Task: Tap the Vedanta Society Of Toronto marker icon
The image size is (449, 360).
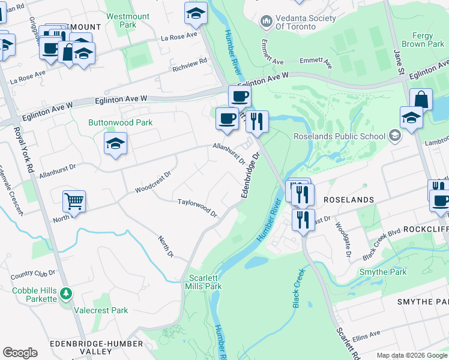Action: click(267, 22)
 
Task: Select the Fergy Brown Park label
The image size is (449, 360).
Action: click(423, 40)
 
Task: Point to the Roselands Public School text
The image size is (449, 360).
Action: click(339, 136)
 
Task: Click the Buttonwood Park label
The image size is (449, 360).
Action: click(120, 122)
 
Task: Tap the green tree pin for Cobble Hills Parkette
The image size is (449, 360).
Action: click(66, 295)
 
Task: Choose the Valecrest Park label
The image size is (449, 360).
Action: click(101, 311)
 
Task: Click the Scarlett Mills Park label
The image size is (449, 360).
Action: click(205, 282)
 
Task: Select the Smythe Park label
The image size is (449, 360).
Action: click(383, 272)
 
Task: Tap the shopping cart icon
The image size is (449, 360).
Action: click(74, 202)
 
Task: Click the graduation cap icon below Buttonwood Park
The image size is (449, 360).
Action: click(115, 144)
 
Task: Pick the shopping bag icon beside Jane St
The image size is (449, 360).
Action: click(421, 99)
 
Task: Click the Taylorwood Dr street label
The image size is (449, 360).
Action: click(197, 208)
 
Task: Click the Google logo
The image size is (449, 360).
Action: click(20, 353)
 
